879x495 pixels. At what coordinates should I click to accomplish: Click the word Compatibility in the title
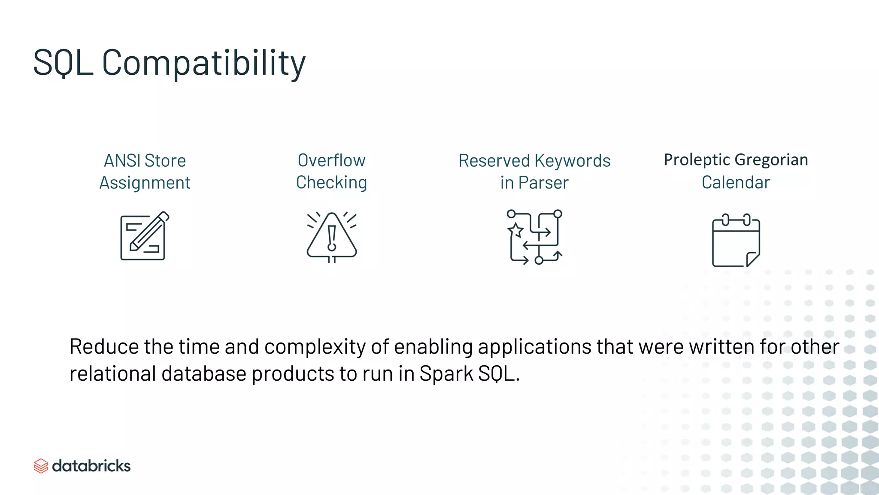tap(203, 63)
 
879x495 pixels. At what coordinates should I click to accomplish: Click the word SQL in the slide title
tap(63, 63)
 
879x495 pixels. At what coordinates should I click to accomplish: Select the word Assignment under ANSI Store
tap(145, 183)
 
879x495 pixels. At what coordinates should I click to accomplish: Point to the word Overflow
tap(331, 160)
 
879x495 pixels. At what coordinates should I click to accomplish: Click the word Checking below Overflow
tap(331, 183)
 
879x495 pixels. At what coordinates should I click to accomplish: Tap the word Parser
tap(543, 183)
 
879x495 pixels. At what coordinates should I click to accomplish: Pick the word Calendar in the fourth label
tap(736, 183)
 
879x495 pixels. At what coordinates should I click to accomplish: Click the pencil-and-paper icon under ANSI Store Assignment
tap(144, 236)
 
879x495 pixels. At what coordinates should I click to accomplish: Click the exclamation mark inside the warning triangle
tap(331, 238)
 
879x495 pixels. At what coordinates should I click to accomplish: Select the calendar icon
tap(736, 241)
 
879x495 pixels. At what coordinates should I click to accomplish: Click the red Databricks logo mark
tap(41, 466)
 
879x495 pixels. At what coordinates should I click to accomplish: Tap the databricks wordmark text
tap(91, 466)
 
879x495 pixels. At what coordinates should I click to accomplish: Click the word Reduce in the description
tap(104, 347)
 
